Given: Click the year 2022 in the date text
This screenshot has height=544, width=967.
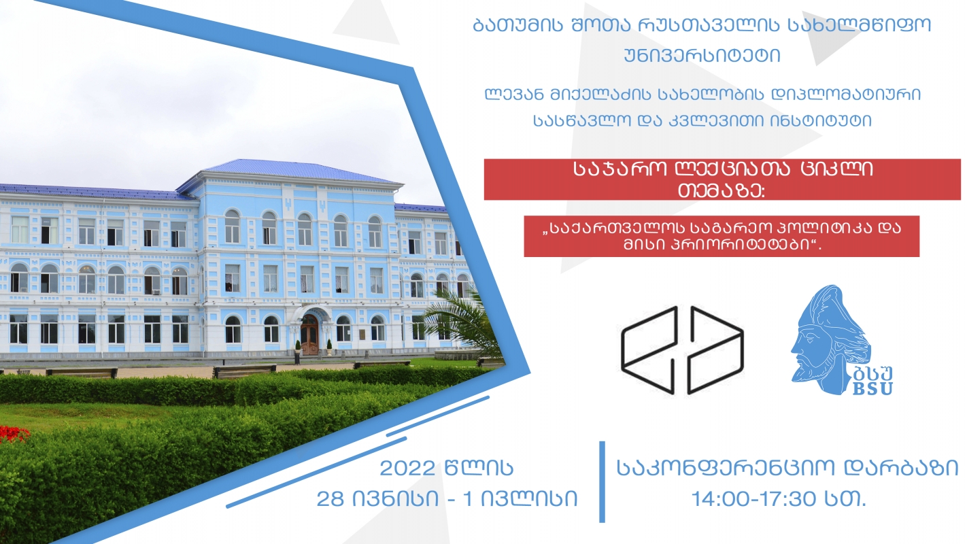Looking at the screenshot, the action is coord(407,468).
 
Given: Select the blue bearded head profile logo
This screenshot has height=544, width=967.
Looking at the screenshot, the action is coord(831,339).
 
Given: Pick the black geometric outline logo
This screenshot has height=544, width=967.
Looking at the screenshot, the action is coord(682,350).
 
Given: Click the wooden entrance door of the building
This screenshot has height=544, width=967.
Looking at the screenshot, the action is coord(309,335).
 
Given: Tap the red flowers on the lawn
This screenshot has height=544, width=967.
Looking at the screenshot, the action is coord(13,433).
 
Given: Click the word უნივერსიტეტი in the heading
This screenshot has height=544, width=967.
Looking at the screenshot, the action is coord(702,56).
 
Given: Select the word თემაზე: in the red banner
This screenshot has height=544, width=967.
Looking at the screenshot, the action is coord(721,191).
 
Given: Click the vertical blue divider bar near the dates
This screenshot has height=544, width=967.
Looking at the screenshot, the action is coord(603,482).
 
